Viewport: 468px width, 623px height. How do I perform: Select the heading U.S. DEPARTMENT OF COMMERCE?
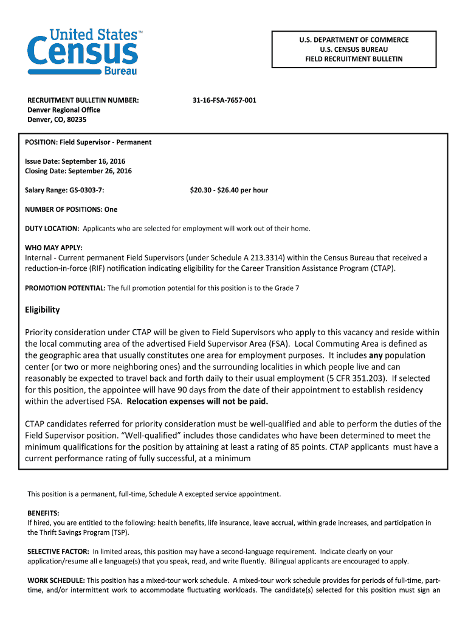(353, 40)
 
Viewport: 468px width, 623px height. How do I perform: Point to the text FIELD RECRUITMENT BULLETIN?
(353, 59)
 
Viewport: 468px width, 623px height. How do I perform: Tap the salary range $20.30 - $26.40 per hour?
(229, 190)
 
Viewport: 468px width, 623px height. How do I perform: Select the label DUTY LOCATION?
(52, 229)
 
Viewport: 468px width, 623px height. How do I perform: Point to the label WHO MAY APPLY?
(53, 248)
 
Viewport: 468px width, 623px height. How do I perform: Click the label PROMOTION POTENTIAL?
(65, 288)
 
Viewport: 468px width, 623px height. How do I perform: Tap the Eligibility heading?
(42, 310)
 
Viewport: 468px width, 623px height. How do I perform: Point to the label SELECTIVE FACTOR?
(58, 551)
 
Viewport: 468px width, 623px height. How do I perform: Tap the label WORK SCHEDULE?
(57, 580)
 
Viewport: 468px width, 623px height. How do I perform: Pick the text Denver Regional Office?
(63, 110)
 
